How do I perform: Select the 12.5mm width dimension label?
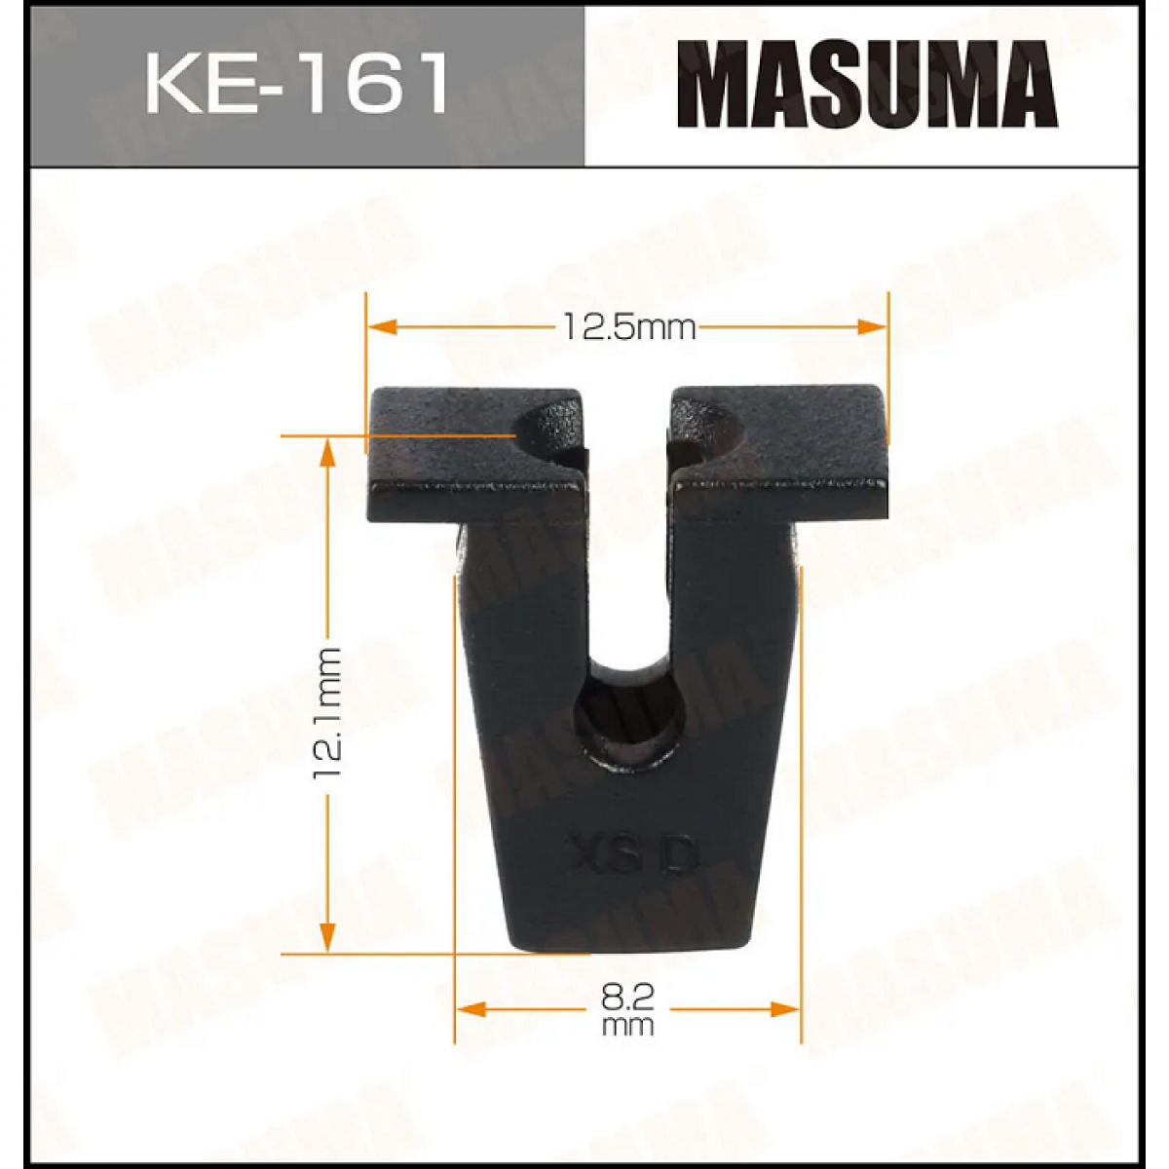(628, 327)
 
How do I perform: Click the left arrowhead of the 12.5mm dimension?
(383, 327)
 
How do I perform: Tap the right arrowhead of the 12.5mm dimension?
(872, 327)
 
